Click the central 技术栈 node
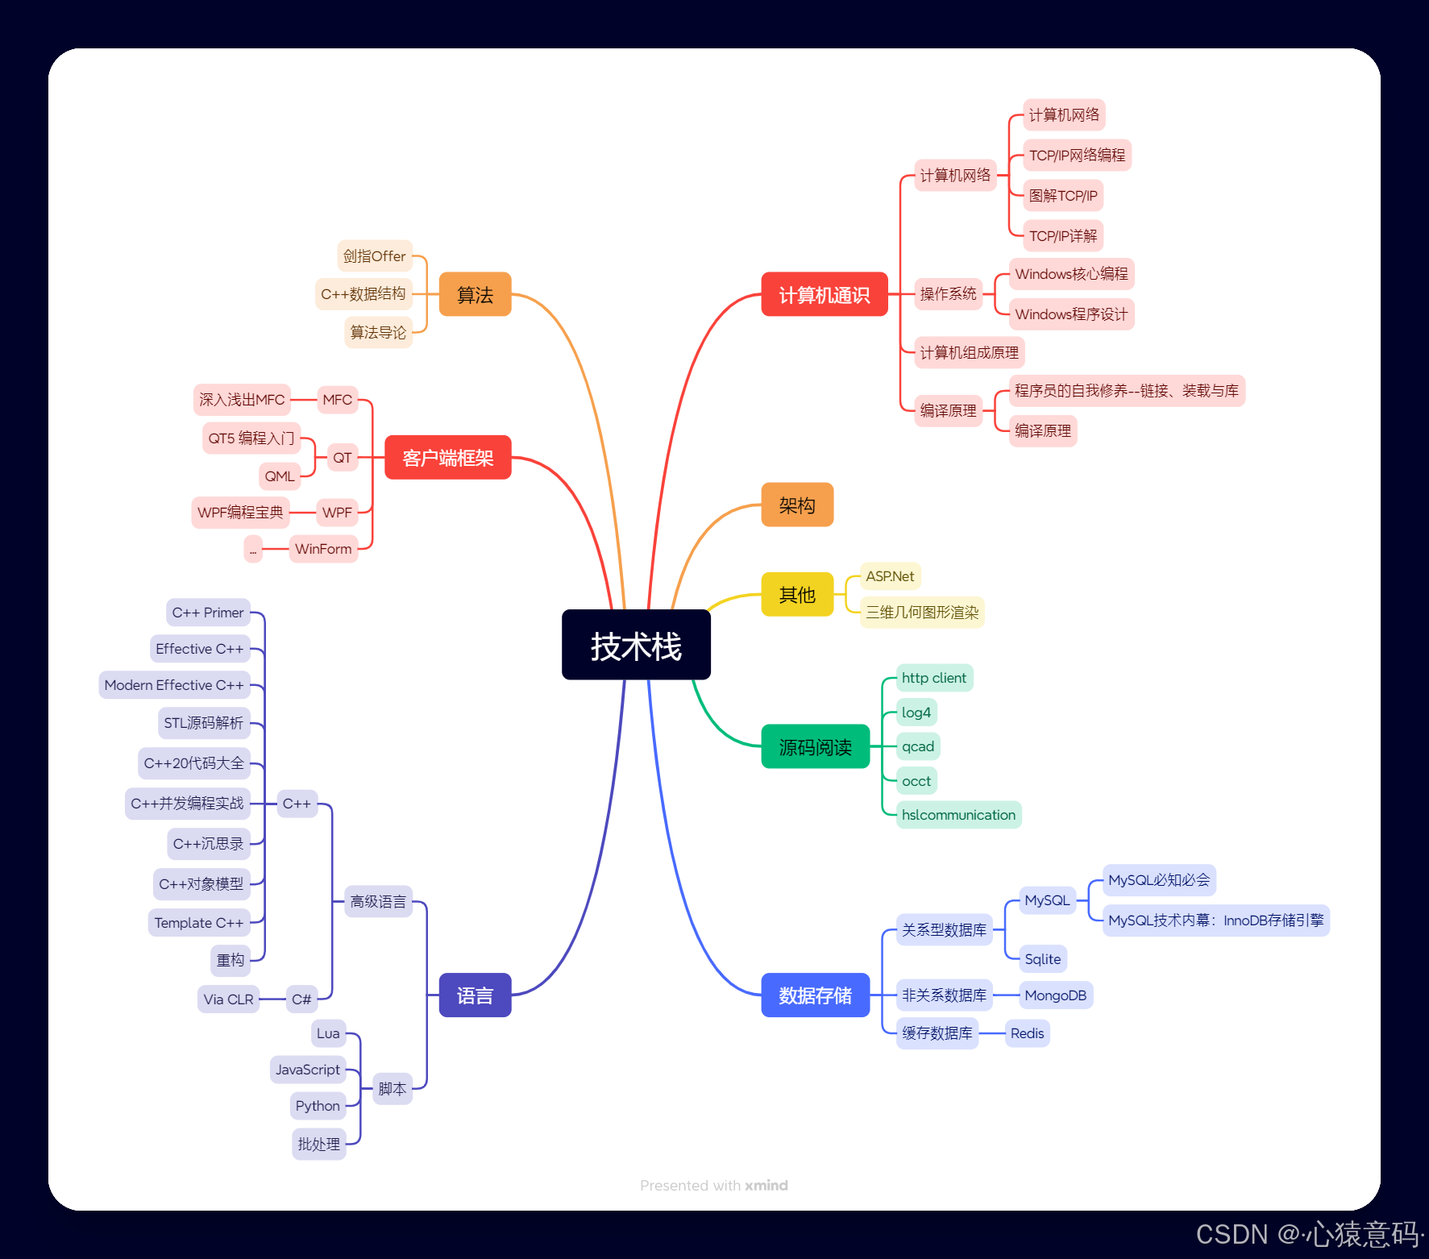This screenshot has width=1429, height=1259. [636, 646]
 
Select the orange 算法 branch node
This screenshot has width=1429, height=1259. [475, 295]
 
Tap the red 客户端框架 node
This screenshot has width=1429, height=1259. [447, 458]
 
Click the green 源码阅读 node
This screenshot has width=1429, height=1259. [815, 747]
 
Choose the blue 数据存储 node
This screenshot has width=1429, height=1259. [815, 995]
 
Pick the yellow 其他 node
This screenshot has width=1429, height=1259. [796, 595]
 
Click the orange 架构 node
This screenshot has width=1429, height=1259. [796, 505]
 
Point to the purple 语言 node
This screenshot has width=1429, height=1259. [475, 995]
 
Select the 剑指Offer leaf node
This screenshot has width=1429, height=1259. [374, 256]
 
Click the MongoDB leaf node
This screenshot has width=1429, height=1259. [1055, 995]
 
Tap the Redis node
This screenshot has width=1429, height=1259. [1027, 1033]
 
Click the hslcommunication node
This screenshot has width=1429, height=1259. [958, 815]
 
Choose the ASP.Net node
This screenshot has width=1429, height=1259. [890, 576]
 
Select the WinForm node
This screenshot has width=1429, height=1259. [323, 549]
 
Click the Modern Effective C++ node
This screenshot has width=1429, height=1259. [174, 685]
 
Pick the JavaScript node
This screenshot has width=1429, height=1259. [308, 1070]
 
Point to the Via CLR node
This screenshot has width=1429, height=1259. [228, 999]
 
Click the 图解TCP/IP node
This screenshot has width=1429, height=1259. [1063, 196]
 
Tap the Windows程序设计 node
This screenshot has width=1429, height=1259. [1071, 314]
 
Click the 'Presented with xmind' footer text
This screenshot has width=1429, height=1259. [714, 1186]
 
